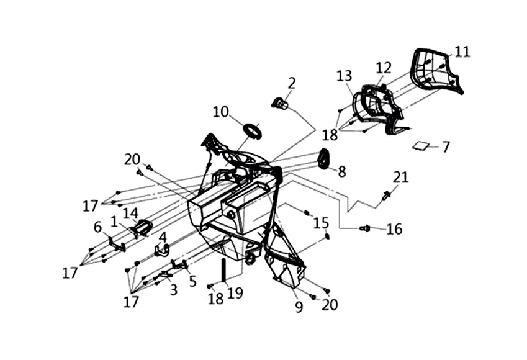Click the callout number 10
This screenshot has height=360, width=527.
(220, 112)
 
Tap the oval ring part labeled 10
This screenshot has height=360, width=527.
(251, 131)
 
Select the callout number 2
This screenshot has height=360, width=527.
(291, 83)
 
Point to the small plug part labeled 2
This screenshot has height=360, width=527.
(280, 103)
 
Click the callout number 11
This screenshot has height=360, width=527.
(462, 52)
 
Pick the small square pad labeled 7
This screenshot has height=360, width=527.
(421, 145)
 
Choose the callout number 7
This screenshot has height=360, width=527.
(445, 147)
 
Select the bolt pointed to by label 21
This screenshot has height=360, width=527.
(387, 196)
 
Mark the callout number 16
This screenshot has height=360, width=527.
(394, 230)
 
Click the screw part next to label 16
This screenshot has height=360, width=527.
(365, 228)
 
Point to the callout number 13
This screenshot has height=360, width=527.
(345, 76)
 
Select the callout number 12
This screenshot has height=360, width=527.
(383, 67)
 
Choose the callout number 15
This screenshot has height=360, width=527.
(320, 222)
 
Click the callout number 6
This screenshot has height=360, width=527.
(97, 227)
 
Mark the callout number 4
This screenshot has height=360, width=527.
(163, 237)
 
